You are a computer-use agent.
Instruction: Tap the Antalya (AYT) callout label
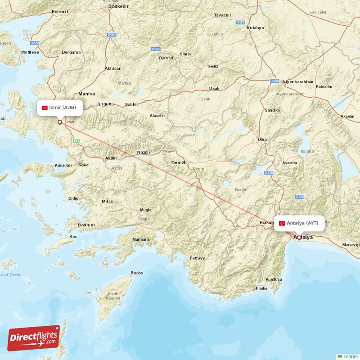tap(299, 223)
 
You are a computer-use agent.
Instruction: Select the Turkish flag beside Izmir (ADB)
tap(45, 108)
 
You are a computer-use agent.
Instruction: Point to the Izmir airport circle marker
tap(59, 121)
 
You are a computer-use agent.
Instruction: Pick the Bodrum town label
tap(86, 225)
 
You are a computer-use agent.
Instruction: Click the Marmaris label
tap(140, 239)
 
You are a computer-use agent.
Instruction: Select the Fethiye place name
tap(197, 258)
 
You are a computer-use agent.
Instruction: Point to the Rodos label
tap(136, 273)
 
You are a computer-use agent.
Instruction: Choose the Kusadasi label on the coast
tap(63, 166)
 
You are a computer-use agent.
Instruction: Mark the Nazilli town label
tap(144, 153)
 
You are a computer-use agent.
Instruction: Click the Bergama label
tap(72, 52)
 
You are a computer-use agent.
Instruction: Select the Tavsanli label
tap(222, 15)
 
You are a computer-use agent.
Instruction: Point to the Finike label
tap(262, 288)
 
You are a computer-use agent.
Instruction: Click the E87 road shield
tap(76, 141)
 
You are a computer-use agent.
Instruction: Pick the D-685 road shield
tap(300, 197)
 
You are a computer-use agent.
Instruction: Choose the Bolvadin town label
tap(324, 87)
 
